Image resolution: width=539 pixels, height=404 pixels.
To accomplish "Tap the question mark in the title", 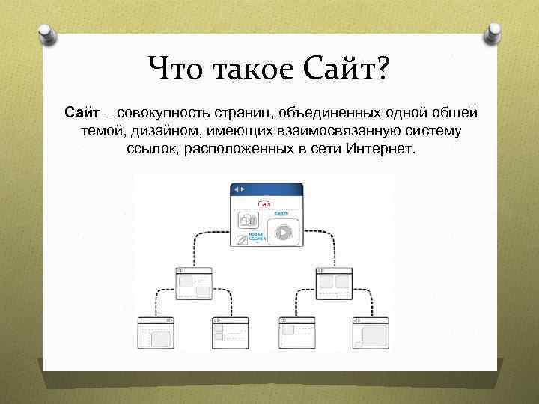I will (382, 71).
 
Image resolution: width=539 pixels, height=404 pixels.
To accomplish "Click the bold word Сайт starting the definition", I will (78, 113).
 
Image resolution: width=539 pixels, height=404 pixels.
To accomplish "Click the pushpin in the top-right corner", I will (495, 32).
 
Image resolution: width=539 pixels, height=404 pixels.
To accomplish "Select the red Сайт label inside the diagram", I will (266, 203).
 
